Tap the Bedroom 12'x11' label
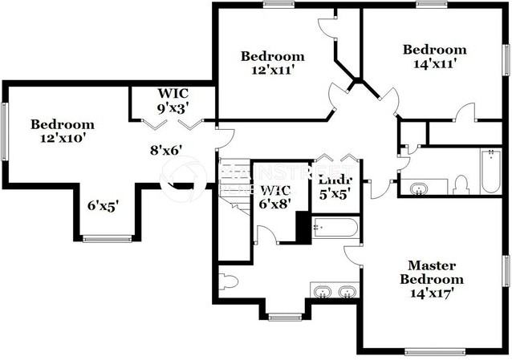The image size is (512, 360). tap(272, 63)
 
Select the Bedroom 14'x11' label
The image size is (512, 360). tap(434, 55)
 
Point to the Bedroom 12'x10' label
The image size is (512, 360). tap(62, 131)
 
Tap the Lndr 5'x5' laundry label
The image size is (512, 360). tap(335, 186)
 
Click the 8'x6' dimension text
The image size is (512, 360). tap(166, 149)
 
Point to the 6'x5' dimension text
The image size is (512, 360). tap(104, 205)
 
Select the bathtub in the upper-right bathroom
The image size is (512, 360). tap(490, 171)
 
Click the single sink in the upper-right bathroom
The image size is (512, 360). tap(419, 189)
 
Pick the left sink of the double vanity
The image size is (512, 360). tap(321, 290)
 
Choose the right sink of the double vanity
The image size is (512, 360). tap(347, 290)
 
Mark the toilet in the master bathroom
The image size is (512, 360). tap(227, 281)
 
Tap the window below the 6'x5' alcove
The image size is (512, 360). tap(108, 238)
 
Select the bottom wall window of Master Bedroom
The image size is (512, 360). tap(434, 351)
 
